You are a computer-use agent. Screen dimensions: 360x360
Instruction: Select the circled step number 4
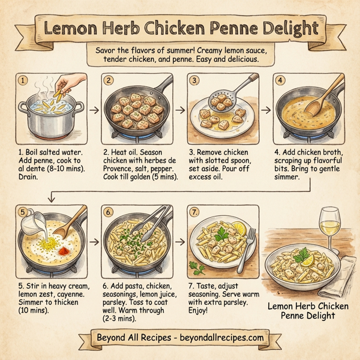[280, 80]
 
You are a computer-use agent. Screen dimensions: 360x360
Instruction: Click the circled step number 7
[194, 212]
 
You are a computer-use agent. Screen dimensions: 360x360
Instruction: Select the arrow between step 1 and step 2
[93, 110]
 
